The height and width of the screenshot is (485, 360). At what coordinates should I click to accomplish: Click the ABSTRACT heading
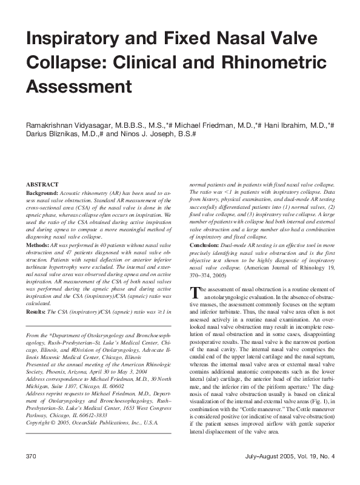pos(42,184)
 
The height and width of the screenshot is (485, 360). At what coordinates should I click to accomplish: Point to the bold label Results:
pos(36,312)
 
